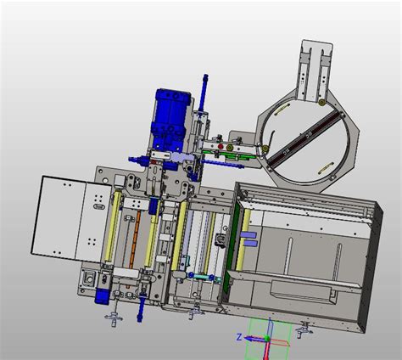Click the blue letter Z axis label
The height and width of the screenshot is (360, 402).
tap(239, 337)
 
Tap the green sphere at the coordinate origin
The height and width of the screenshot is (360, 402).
tap(266, 339)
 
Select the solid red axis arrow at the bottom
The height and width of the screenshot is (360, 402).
tap(266, 351)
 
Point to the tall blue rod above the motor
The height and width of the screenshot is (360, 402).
tap(204, 93)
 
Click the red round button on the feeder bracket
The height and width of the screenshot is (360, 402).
tap(221, 147)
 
